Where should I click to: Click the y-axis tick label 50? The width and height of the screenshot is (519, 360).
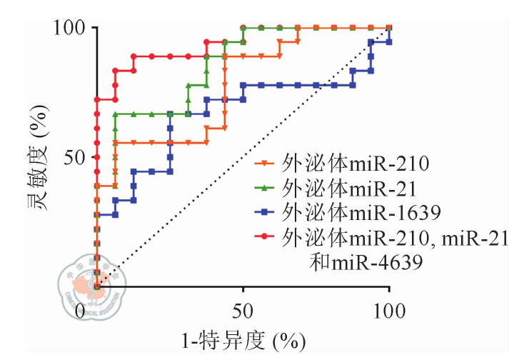pos(74,157)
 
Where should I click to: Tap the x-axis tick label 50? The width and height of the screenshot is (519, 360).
pos(243,311)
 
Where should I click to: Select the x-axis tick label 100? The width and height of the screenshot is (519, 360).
pos(389,311)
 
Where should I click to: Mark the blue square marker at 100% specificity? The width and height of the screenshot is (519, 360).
pos(388,42)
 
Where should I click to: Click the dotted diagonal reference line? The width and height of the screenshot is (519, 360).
pos(243,157)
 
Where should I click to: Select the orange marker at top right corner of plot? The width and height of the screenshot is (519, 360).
pos(388,27)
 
